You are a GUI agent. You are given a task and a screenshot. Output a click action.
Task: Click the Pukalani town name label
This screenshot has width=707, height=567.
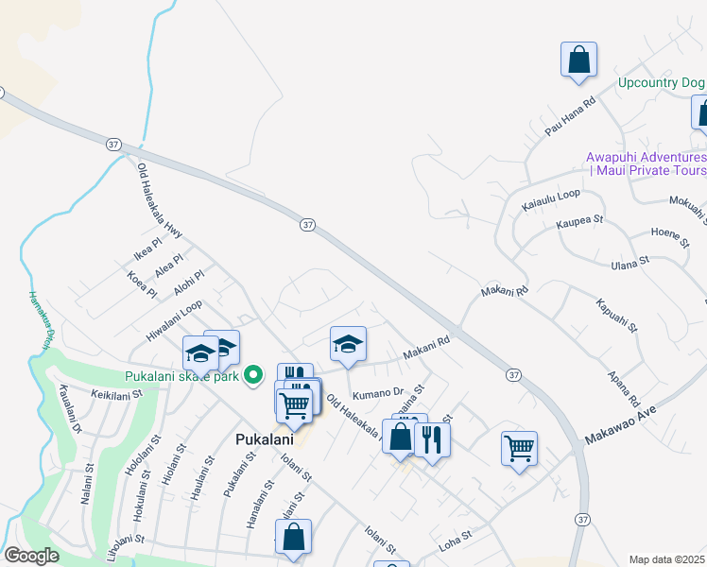(265, 439)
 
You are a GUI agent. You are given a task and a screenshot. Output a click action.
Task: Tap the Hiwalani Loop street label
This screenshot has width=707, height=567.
(174, 320)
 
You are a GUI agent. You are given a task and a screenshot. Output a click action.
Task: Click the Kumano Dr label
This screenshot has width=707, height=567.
(377, 392)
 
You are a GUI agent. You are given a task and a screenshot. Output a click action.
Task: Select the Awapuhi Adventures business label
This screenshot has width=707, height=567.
(646, 163)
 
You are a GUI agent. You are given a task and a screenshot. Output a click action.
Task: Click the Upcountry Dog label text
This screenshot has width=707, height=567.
(661, 82)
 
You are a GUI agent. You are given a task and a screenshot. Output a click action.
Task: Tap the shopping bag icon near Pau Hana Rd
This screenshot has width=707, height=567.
(578, 60)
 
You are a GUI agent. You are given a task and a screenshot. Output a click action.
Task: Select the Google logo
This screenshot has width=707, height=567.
(31, 555)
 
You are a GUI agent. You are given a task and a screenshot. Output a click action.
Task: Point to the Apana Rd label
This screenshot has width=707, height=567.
(625, 387)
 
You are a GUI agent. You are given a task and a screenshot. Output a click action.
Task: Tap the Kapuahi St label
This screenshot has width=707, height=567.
(617, 318)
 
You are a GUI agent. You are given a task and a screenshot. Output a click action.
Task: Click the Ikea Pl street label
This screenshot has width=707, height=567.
(149, 253)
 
